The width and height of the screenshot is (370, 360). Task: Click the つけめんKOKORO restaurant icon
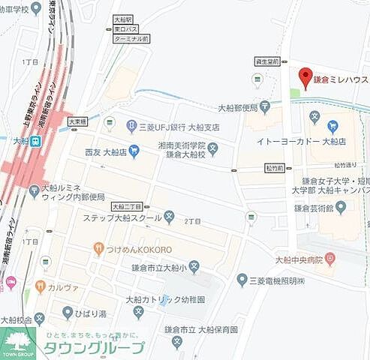click(x=98, y=248)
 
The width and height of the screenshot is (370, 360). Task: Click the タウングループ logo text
click(x=92, y=348)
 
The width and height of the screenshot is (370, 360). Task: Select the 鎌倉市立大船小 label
click(x=153, y=266)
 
